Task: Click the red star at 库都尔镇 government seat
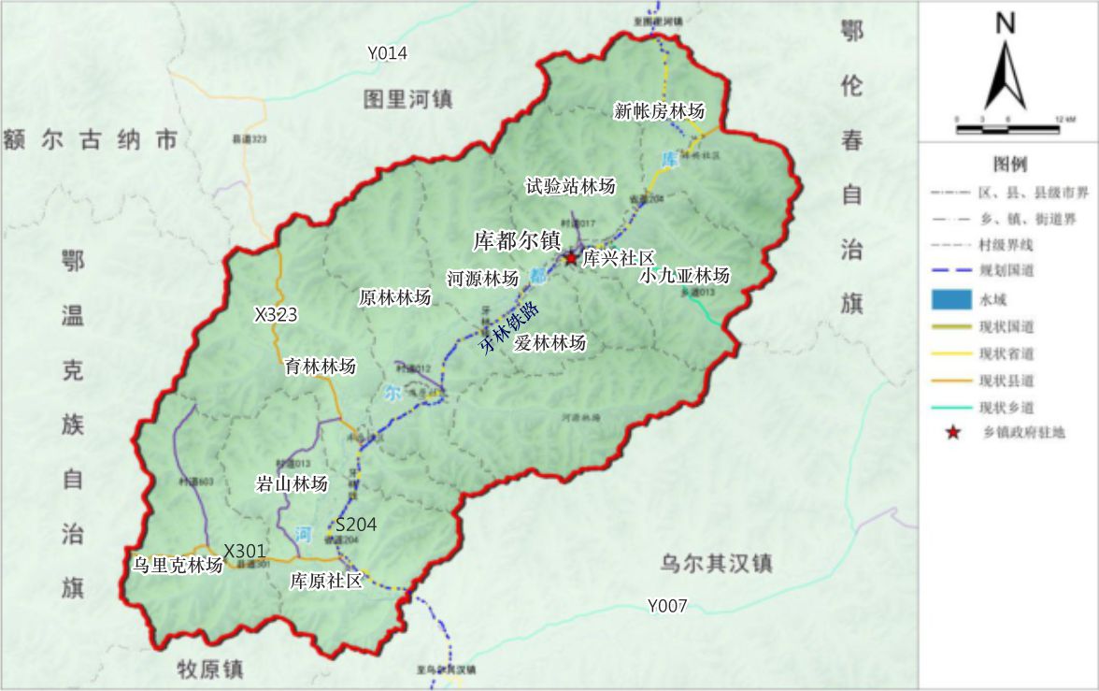point(570,257)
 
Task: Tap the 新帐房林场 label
point(659,111)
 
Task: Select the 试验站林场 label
point(570,187)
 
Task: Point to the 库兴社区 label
point(618,259)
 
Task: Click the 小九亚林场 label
point(685,276)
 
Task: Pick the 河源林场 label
point(482,279)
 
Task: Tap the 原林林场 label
point(395,298)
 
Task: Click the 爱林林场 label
point(550,343)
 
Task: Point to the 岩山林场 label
point(293,484)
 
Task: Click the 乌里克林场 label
point(178,565)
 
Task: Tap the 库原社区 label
point(326,581)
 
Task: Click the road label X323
point(276,315)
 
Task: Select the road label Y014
point(387,53)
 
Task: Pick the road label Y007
point(667,606)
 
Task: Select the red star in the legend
point(952,433)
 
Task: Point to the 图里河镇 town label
point(408,99)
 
